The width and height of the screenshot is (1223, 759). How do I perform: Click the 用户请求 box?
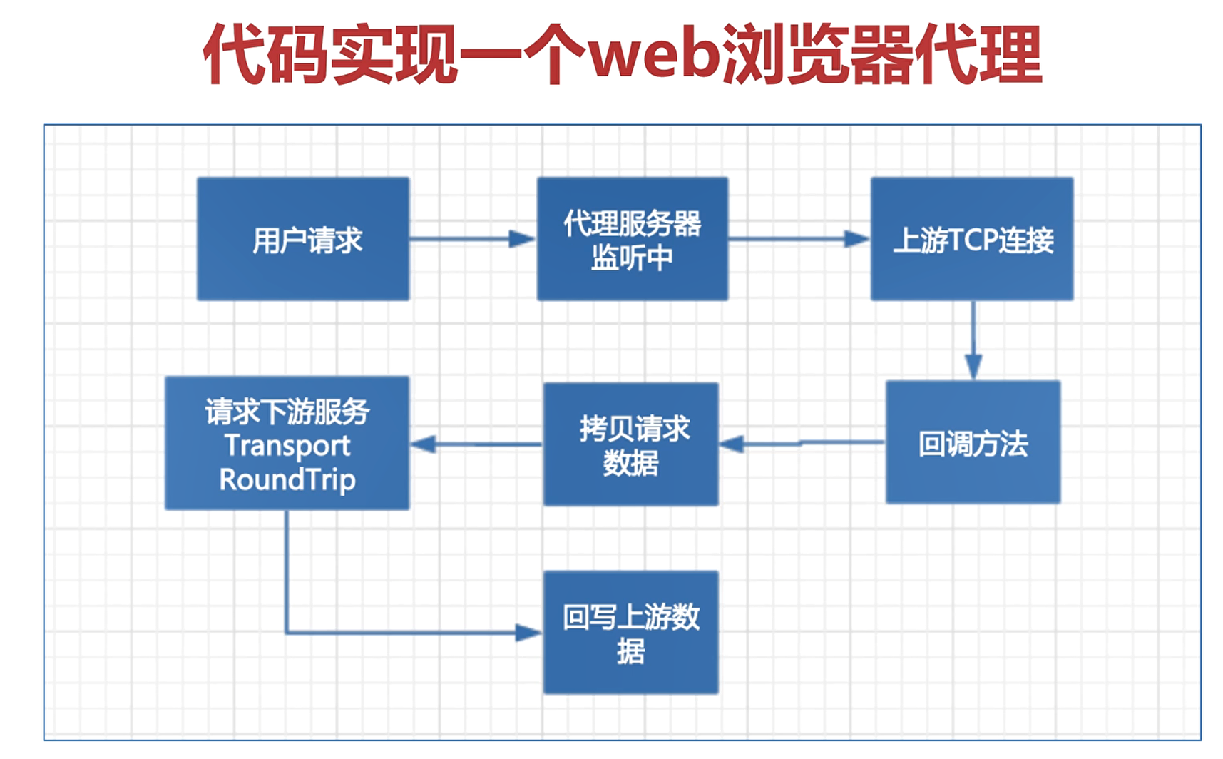(x=303, y=239)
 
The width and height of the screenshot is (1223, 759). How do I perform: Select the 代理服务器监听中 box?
(x=632, y=239)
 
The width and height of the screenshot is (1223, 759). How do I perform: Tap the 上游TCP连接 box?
(x=971, y=239)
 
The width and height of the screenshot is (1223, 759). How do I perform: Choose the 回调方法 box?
(x=973, y=442)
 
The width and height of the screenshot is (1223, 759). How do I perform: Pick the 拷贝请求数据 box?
(x=630, y=444)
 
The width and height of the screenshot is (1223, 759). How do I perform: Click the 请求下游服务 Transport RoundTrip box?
(x=287, y=443)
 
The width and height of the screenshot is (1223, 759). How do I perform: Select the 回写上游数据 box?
(x=630, y=632)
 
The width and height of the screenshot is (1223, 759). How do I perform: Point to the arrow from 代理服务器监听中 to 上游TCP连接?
(x=799, y=239)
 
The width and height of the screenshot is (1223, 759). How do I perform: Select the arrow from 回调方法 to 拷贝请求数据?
(x=802, y=444)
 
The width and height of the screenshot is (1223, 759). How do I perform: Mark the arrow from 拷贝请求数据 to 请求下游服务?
(x=476, y=444)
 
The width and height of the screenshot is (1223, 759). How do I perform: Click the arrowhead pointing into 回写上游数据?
(x=528, y=633)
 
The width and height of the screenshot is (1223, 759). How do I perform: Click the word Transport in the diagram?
(x=287, y=446)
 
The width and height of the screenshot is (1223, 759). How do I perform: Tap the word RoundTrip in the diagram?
(x=287, y=479)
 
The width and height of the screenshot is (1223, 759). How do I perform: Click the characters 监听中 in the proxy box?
(x=632, y=258)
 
